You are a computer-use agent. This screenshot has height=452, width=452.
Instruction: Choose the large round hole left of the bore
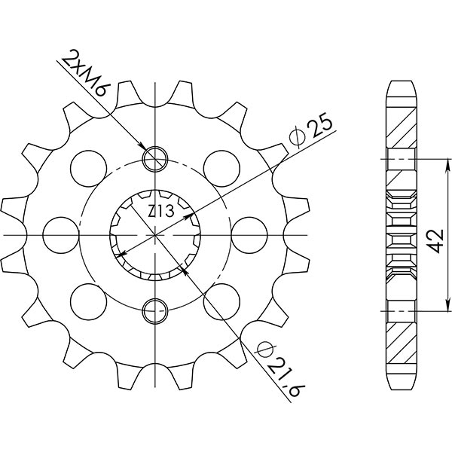point(58,233)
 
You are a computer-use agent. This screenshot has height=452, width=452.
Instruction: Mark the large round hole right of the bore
point(250,233)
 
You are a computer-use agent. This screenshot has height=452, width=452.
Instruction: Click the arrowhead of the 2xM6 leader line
point(144,146)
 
